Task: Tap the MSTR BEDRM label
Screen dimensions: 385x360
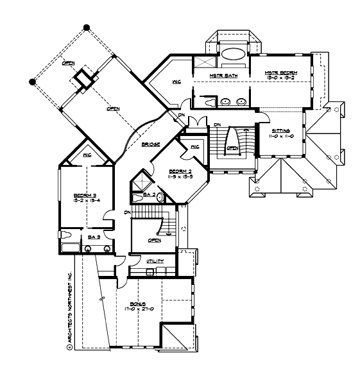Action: [280, 74]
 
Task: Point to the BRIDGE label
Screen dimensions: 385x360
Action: [151, 144]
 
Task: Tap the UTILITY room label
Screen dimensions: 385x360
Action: [155, 261]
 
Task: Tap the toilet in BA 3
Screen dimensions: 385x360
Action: [65, 234]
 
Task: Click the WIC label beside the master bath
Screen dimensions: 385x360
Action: [176, 82]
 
